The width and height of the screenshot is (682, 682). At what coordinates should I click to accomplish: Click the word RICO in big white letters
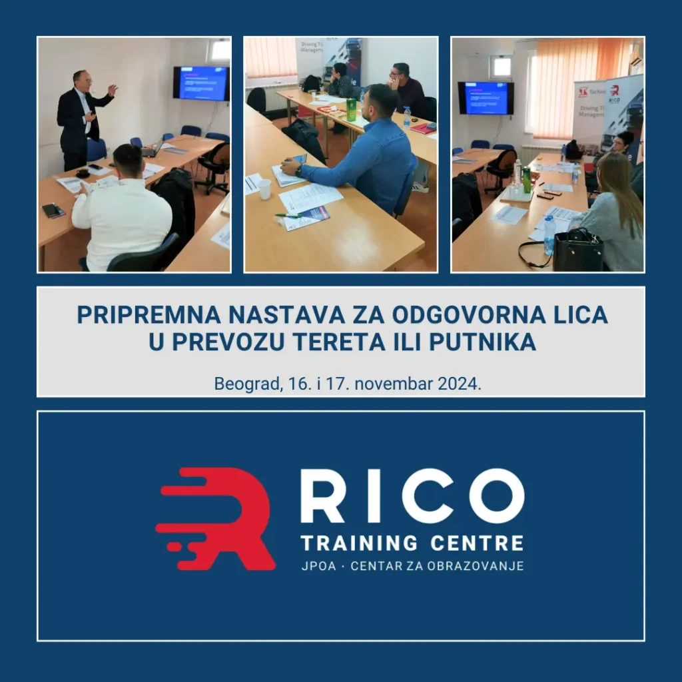pos(412,496)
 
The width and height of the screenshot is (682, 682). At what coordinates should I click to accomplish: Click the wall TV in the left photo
pos(200,83)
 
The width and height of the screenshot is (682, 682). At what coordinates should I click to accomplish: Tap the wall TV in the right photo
pos(486,97)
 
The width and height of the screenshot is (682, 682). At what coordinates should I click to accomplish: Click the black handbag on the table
pos(577,252)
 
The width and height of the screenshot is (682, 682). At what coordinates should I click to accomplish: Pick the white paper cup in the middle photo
pos(265,189)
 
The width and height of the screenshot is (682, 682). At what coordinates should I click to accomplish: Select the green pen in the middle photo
pos(287,216)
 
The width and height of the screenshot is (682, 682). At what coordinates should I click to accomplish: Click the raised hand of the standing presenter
pos(113,89)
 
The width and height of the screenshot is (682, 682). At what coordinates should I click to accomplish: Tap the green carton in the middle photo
pos(351,109)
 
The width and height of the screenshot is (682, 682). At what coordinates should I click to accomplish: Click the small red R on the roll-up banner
pos(614,91)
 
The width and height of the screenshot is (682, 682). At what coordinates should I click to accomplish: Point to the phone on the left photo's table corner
pos(53,210)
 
